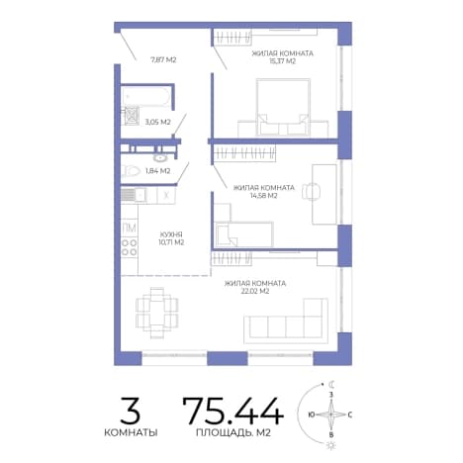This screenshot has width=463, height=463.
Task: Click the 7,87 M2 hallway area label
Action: [163, 59]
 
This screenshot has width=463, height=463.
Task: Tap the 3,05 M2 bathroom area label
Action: [157, 122]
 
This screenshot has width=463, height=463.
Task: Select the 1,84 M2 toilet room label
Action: [157, 171]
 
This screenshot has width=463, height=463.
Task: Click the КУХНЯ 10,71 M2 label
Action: [171, 238]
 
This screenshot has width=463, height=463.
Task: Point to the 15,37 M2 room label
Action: [282, 57]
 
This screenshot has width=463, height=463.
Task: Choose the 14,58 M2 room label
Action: [263, 192]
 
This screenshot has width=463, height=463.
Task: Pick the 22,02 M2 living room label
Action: [255, 287]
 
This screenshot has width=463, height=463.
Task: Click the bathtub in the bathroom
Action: [146, 97]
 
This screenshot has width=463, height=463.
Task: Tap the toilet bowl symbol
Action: [132, 171]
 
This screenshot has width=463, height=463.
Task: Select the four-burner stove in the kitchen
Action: [129, 247]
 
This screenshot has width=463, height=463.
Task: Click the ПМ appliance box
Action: [129, 228]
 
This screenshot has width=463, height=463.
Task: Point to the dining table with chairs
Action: [157, 313]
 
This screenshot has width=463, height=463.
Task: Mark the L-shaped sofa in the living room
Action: [286, 322]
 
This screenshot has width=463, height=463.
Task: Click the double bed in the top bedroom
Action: [283, 107]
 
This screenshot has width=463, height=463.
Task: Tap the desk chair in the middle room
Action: [311, 191]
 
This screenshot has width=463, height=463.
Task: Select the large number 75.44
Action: [232, 411]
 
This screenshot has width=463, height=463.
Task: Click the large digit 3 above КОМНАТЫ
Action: [131, 411]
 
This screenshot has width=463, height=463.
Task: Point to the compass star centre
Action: [331, 415]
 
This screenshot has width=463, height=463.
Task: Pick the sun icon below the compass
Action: [330, 446]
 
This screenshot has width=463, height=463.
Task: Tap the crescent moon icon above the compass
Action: [331, 384]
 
